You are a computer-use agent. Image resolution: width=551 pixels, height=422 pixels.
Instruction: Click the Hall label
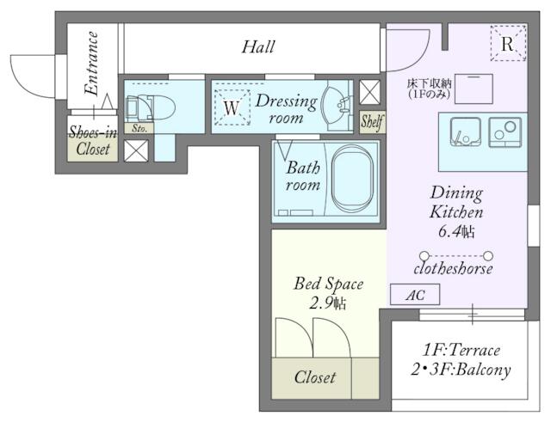pyautogui.click(x=258, y=47)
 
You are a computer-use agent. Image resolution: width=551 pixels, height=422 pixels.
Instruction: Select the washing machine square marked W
pyautogui.click(x=232, y=107)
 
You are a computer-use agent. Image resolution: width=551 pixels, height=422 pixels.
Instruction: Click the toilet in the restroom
pyautogui.click(x=151, y=107)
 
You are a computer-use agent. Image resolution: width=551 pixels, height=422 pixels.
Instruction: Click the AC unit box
pyautogui.click(x=415, y=294)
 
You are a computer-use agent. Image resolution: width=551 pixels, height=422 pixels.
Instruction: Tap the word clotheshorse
pyautogui.click(x=453, y=269)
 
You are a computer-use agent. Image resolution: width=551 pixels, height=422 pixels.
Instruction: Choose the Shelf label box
pyautogui.click(x=372, y=122)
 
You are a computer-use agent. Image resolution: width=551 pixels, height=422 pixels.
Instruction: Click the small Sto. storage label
pyautogui.click(x=139, y=128)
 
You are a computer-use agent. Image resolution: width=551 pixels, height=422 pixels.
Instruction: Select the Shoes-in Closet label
pyautogui.click(x=93, y=140)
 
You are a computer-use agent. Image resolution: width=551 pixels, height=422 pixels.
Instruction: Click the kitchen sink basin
pyautogui.click(x=466, y=132)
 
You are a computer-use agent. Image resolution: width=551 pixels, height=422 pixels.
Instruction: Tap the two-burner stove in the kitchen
pyautogui.click(x=505, y=131)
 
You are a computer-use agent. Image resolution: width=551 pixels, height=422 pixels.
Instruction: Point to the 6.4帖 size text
pyautogui.click(x=456, y=231)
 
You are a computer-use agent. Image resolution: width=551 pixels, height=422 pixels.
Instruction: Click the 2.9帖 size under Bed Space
pyautogui.click(x=328, y=303)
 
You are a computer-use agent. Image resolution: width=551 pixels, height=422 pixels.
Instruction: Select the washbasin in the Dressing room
pyautogui.click(x=337, y=106)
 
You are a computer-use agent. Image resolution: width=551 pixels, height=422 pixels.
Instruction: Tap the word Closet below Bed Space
pyautogui.click(x=315, y=377)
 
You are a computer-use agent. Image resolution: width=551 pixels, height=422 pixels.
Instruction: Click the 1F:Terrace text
pyautogui.click(x=461, y=350)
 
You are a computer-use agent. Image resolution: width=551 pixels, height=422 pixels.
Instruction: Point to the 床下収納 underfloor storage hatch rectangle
pyautogui.click(x=474, y=89)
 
